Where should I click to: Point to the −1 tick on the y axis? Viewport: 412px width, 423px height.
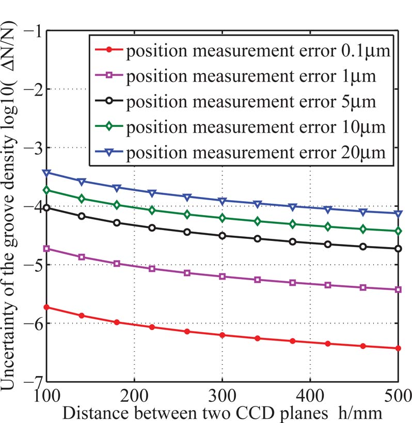click(33, 30)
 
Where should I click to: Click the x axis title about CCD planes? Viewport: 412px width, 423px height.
click(223, 413)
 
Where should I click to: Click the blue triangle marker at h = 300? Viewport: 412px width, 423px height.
click(222, 201)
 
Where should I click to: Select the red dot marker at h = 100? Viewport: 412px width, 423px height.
click(47, 307)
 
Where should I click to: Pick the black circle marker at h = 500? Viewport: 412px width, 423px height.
click(398, 249)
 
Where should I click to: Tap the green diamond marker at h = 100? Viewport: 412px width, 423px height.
click(47, 190)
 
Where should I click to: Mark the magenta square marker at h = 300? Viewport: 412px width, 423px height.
click(222, 276)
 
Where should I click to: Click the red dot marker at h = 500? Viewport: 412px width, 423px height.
click(398, 349)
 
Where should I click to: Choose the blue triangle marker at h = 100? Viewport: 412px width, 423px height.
click(47, 173)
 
